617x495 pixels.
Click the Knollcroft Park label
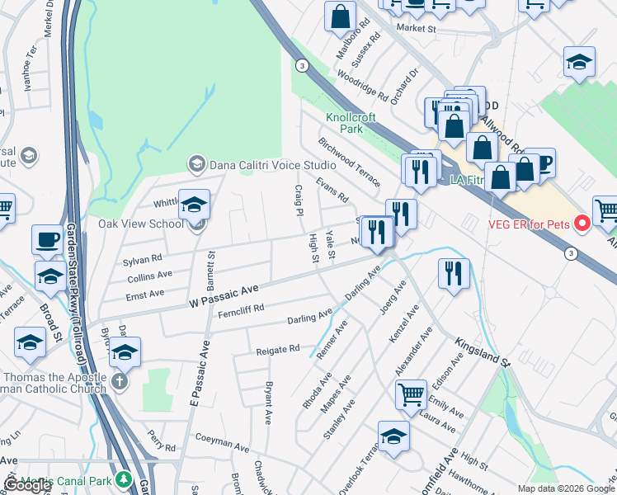click(x=345, y=123)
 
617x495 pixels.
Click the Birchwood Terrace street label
click(x=350, y=162)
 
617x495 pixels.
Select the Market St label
click(x=416, y=28)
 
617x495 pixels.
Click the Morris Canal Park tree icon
click(x=124, y=479)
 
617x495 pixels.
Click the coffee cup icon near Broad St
click(x=47, y=239)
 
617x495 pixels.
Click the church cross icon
click(x=120, y=381)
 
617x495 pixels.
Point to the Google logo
click(x=28, y=486)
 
